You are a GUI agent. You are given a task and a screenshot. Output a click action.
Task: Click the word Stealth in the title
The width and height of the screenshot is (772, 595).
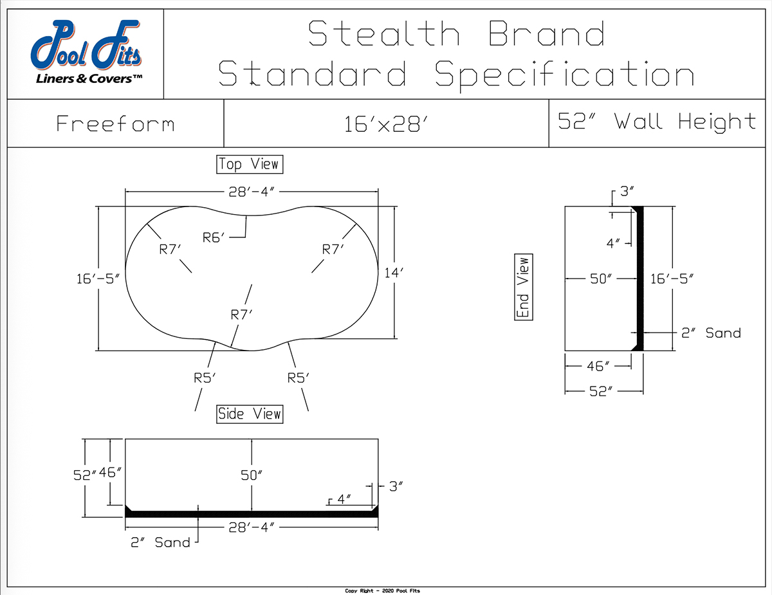(383, 33)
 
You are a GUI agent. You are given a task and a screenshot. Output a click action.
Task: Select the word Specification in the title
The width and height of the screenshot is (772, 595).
(564, 74)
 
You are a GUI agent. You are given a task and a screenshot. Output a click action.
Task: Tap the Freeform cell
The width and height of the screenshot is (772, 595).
(115, 124)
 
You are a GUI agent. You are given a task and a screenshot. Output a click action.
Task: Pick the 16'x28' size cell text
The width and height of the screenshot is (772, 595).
(386, 124)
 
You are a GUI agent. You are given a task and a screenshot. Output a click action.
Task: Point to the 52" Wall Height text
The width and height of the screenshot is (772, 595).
(657, 122)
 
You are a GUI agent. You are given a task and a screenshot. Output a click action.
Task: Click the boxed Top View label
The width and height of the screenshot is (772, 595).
(250, 164)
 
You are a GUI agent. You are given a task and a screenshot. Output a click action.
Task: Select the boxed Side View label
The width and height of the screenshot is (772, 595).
(250, 414)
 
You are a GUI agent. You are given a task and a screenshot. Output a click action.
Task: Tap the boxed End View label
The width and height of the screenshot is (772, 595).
(524, 287)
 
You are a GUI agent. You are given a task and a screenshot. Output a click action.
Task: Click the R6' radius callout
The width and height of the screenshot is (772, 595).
(214, 237)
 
